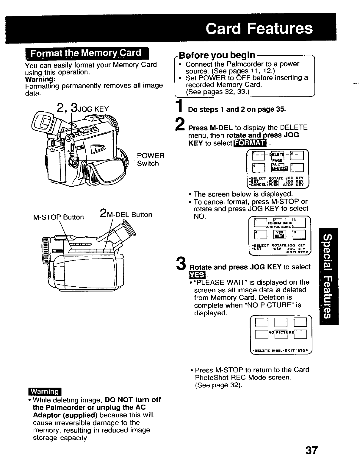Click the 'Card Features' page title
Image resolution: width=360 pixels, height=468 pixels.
click(259, 29)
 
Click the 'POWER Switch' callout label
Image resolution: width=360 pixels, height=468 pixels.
click(151, 160)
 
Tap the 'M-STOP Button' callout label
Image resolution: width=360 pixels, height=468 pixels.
click(59, 217)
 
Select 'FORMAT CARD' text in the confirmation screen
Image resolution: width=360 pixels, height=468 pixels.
click(280, 223)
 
